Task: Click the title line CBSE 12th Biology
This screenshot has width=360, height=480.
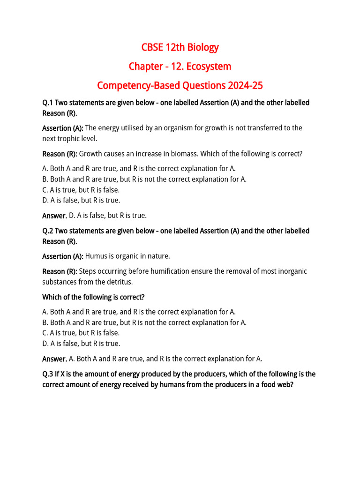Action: point(180,47)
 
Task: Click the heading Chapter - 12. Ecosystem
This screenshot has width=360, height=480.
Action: point(180,67)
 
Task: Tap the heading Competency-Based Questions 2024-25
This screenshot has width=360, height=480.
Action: point(180,86)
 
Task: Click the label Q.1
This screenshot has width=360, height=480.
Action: point(48,103)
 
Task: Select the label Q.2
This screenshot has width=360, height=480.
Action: point(48,231)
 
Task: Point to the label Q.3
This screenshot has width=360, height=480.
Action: point(48,374)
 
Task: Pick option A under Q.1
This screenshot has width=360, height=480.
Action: point(139,169)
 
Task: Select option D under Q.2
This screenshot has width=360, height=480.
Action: point(81,343)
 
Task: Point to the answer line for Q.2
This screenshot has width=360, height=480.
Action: point(152,359)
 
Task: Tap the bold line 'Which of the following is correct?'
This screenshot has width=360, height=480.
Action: point(94,297)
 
